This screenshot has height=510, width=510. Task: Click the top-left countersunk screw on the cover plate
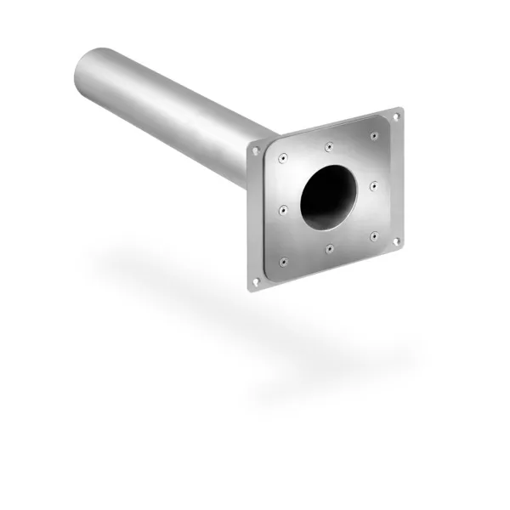(282, 156)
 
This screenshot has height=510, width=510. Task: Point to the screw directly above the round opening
(329, 145)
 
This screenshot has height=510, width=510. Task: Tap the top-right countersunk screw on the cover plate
(374, 134)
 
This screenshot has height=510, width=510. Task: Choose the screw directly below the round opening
(328, 248)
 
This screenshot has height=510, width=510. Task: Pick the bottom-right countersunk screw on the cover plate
(372, 237)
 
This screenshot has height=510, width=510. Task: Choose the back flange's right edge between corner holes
(399, 178)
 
